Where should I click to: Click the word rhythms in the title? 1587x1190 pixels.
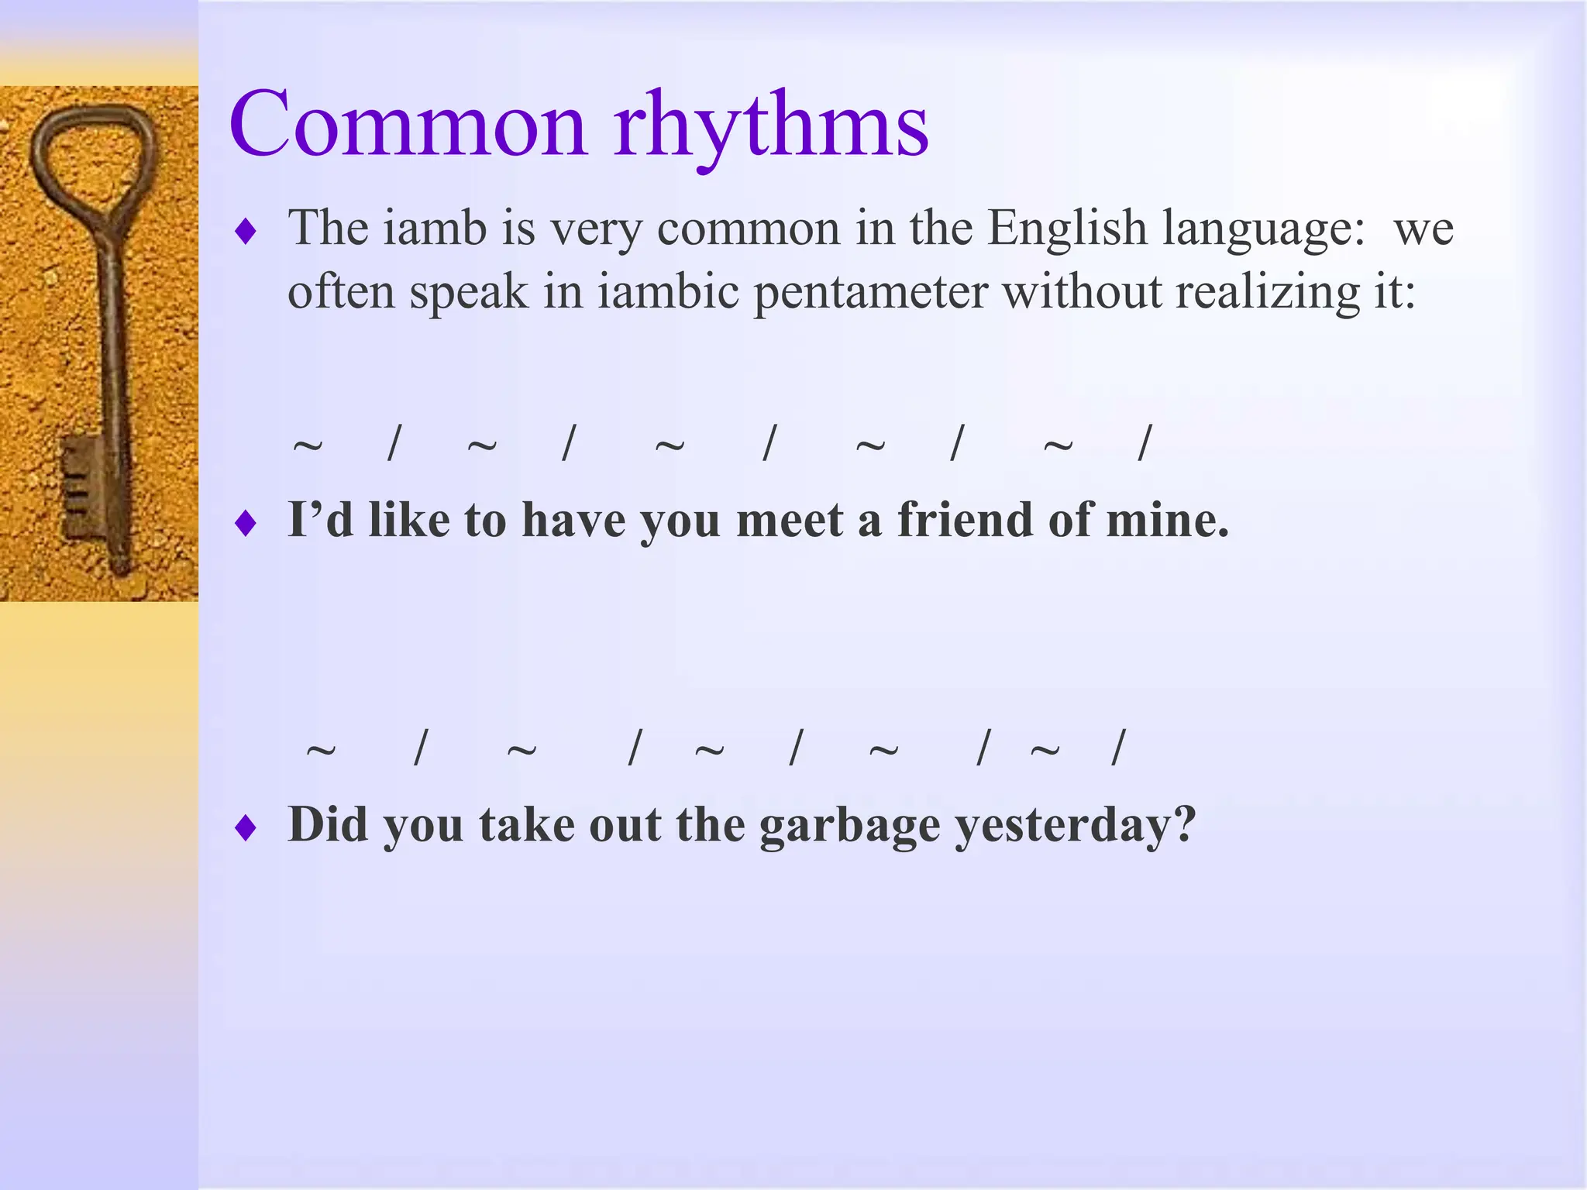(x=771, y=128)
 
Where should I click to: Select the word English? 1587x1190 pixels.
(x=1067, y=229)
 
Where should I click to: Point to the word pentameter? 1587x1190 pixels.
(x=871, y=293)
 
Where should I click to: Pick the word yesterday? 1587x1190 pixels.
(x=1073, y=826)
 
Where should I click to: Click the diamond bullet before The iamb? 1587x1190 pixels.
(x=246, y=231)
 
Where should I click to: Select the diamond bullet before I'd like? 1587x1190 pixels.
(x=246, y=524)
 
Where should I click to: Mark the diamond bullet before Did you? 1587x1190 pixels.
(x=246, y=828)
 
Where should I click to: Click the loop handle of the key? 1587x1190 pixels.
(x=93, y=155)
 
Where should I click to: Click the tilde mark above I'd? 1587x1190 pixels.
(x=308, y=445)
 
